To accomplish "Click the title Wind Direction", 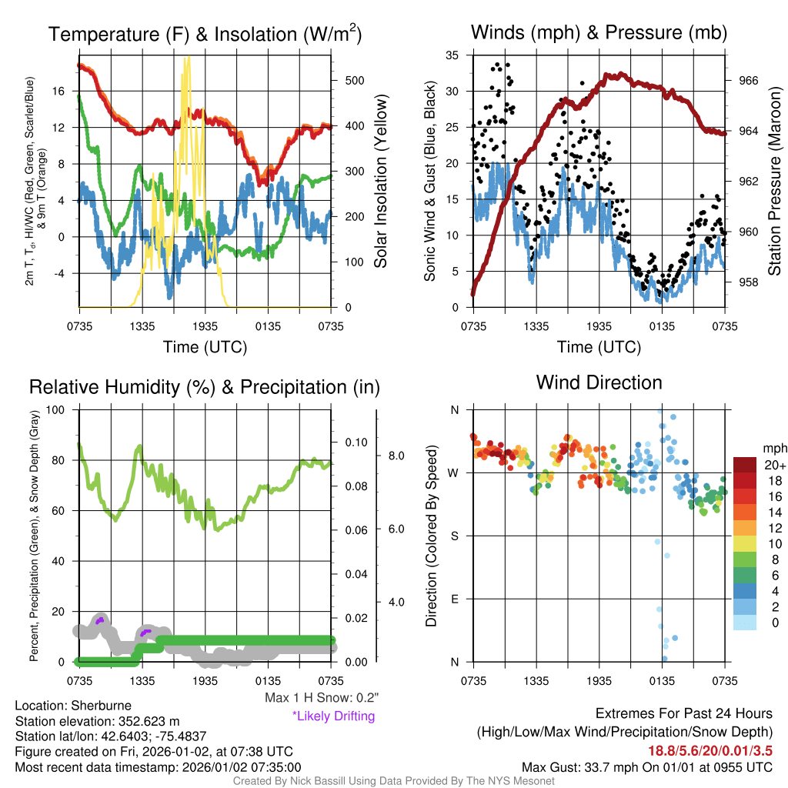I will [599, 382].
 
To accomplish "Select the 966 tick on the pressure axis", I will [748, 80].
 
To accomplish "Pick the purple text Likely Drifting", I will [333, 716].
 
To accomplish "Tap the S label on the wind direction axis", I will [454, 536].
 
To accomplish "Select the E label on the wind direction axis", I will [454, 599].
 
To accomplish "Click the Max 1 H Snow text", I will [321, 698].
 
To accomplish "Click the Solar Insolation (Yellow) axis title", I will [381, 181].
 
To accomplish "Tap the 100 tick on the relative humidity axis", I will [55, 409].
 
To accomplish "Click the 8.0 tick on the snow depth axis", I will [395, 456].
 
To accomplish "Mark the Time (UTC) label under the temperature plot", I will [205, 347].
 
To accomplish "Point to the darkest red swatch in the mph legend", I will [746, 465].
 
